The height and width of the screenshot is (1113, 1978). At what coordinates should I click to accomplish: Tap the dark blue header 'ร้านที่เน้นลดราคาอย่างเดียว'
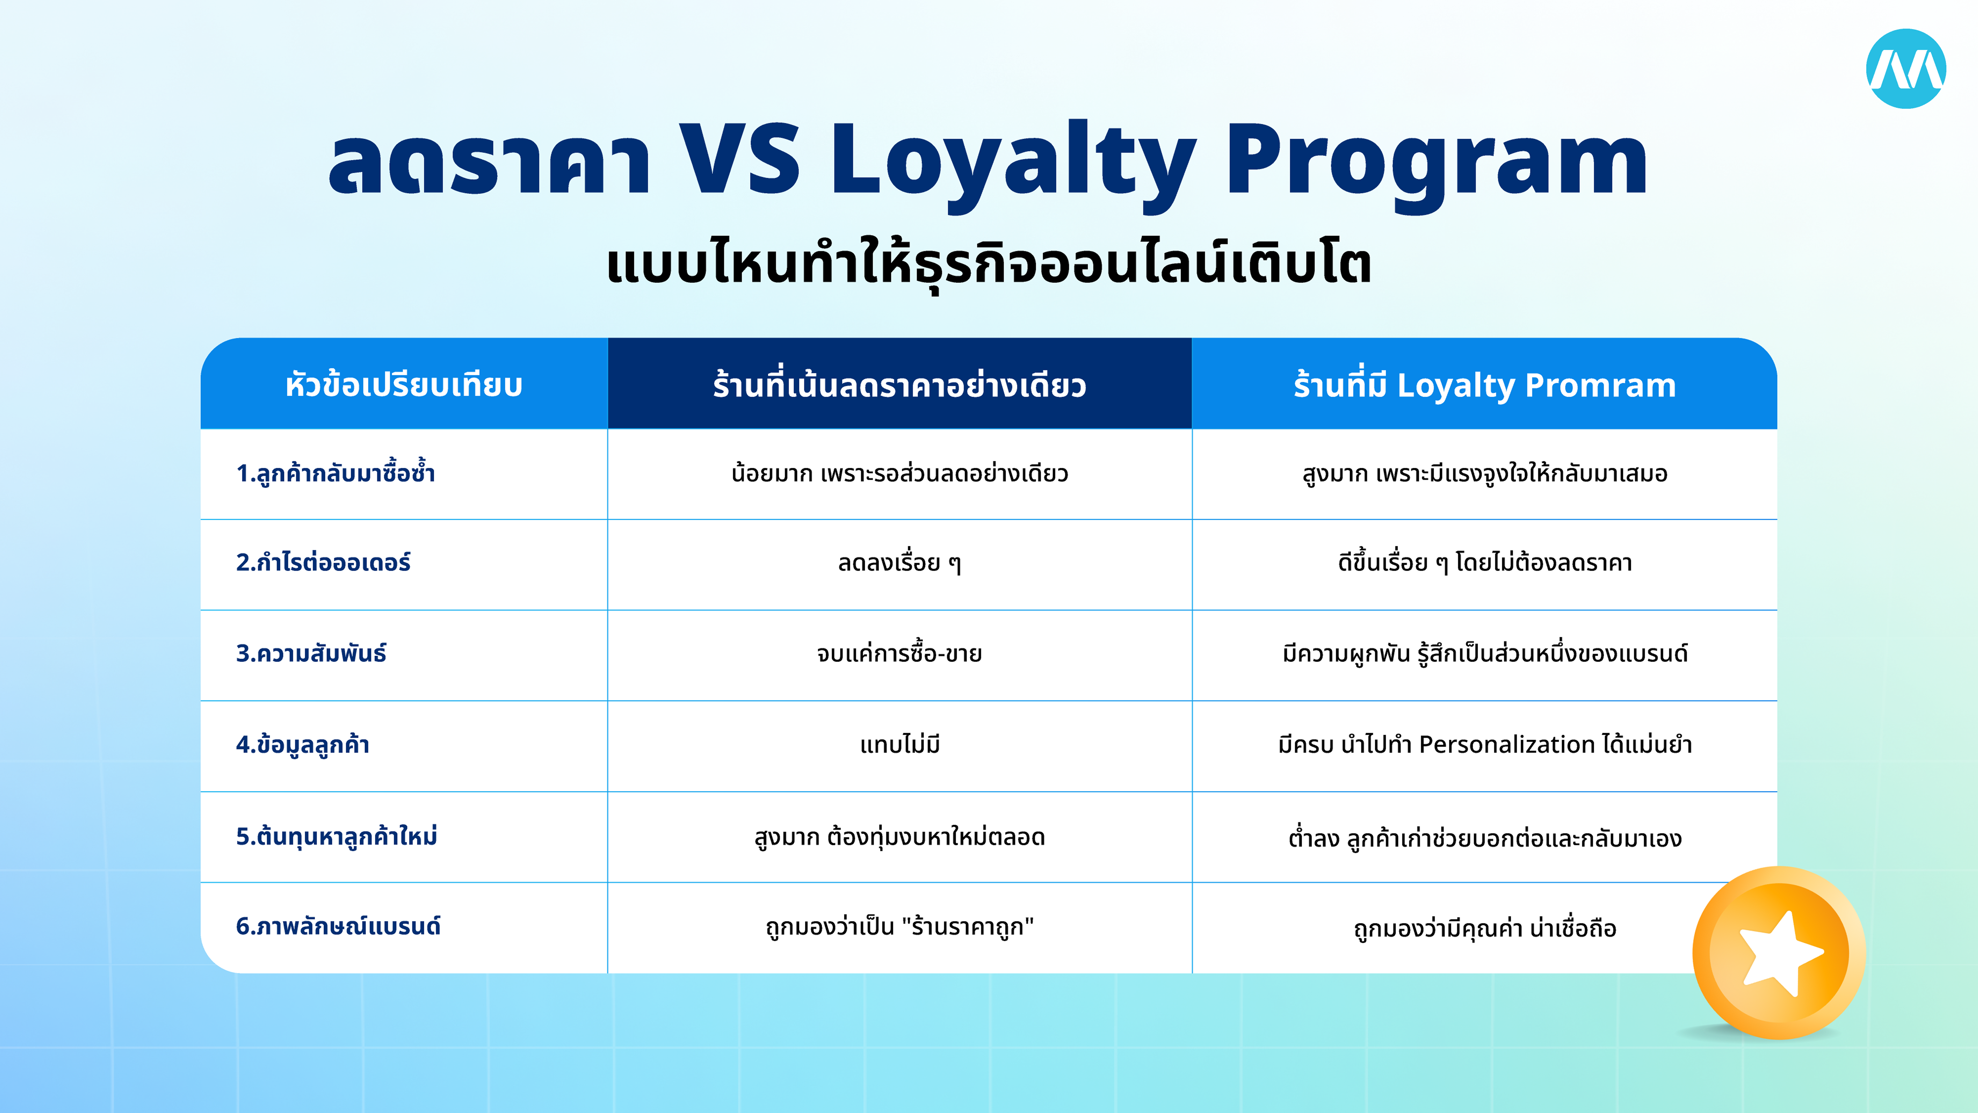click(899, 385)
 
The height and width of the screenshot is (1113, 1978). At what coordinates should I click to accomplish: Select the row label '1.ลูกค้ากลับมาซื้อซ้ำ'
click(336, 473)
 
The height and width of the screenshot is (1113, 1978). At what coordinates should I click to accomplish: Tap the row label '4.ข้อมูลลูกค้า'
click(302, 744)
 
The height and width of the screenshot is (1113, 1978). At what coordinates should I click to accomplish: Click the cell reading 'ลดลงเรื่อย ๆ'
click(899, 563)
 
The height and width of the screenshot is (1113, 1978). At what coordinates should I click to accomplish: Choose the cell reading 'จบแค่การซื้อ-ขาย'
click(899, 653)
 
